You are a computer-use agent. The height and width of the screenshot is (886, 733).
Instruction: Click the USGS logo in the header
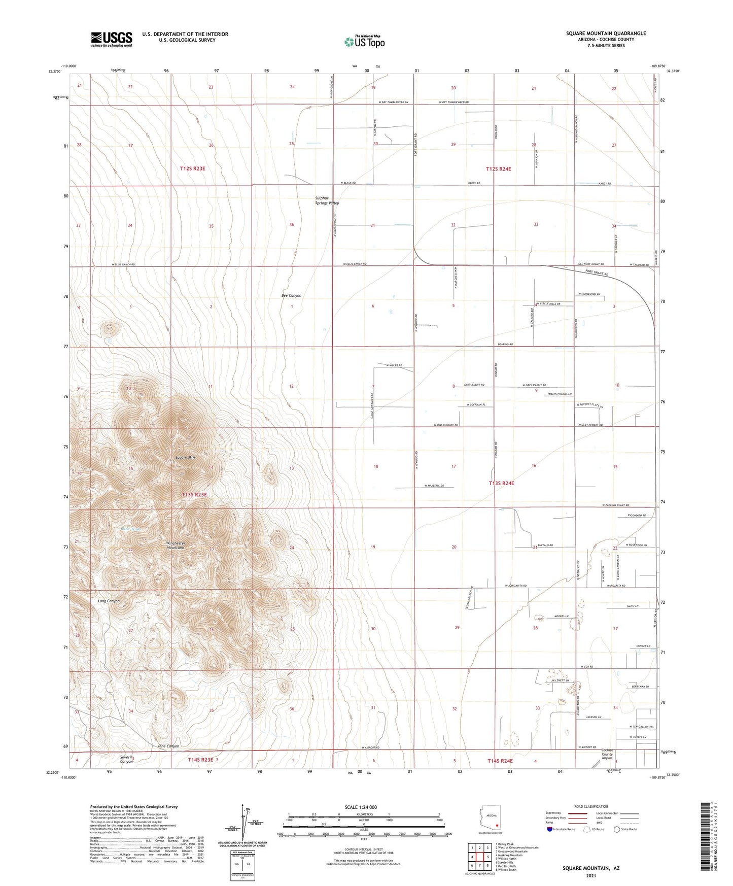point(112,39)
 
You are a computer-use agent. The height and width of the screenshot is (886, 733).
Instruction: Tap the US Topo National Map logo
point(364,42)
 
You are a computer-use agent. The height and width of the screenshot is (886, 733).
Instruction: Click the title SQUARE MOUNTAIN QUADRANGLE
point(606,33)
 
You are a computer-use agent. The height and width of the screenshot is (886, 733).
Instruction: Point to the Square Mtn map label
point(185,458)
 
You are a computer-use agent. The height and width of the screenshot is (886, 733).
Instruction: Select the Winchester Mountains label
point(176,545)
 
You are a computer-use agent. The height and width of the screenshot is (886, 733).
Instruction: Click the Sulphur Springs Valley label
point(327,200)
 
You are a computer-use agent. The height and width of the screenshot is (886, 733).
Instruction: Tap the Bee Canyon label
point(291,295)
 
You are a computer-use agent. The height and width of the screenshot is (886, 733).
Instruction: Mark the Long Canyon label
point(109,601)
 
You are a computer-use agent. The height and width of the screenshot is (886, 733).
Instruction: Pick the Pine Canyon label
point(168,746)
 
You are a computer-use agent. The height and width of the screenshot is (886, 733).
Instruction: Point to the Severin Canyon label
point(126,759)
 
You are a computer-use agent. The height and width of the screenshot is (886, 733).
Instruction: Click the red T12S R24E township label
point(498,169)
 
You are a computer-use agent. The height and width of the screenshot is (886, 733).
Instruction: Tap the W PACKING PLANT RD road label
point(616,505)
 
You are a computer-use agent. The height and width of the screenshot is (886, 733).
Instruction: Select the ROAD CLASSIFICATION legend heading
point(591,806)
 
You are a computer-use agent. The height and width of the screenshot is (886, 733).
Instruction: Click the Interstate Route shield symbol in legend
point(550,829)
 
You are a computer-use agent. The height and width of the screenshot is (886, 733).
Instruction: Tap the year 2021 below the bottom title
point(590,875)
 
